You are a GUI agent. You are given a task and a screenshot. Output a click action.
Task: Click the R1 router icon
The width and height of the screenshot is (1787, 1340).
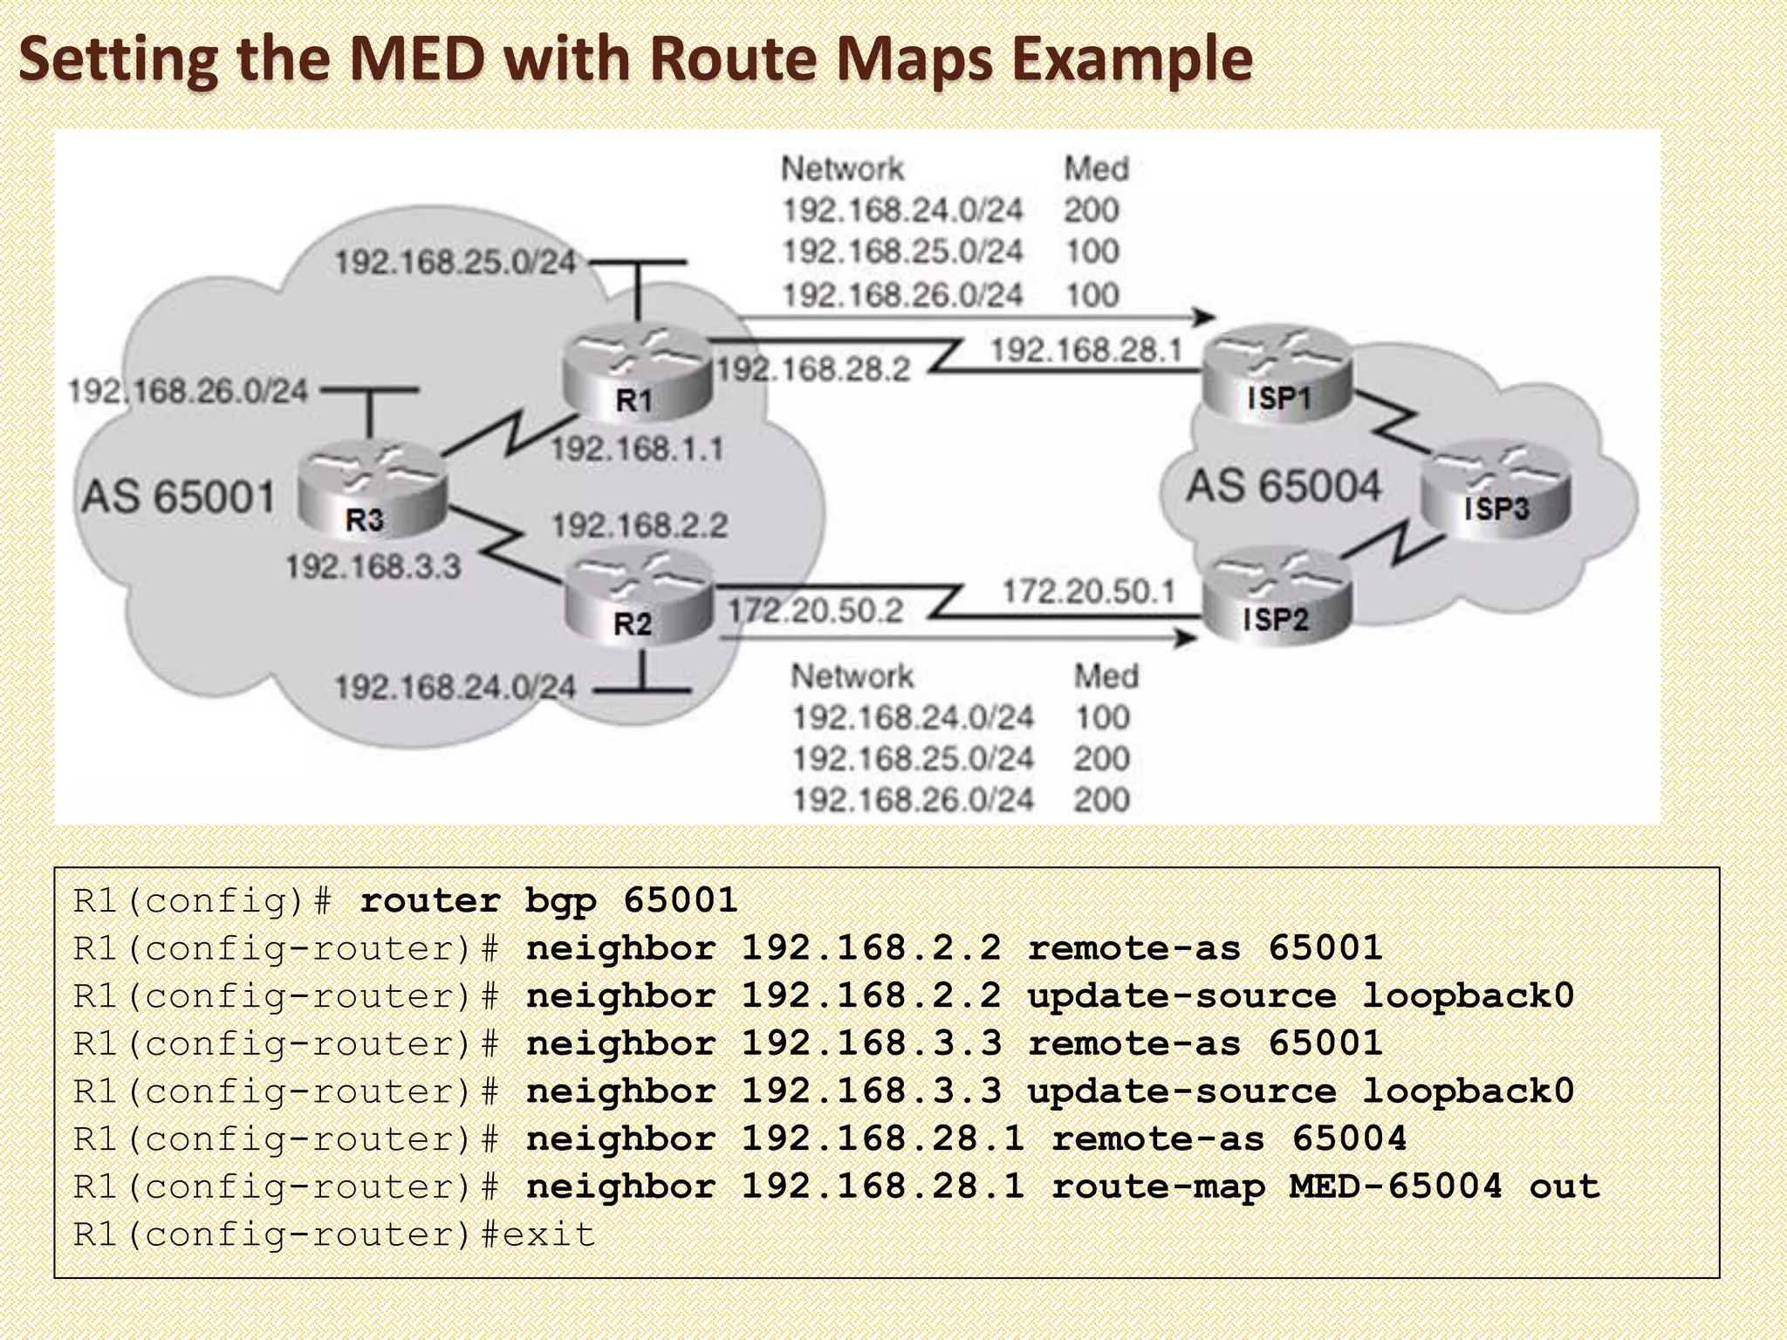pyautogui.click(x=637, y=373)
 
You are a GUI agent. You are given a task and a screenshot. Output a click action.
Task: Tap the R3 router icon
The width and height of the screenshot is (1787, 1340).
pyautogui.click(x=371, y=489)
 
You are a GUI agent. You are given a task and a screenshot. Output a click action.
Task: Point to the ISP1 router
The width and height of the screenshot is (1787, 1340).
pyautogui.click(x=1277, y=373)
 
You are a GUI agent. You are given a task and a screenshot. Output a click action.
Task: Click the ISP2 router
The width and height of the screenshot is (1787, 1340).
pyautogui.click(x=1277, y=595)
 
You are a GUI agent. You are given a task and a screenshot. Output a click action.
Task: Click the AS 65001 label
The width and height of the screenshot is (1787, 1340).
pyautogui.click(x=179, y=497)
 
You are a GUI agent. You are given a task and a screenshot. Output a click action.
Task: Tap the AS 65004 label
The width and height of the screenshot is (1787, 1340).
pyautogui.click(x=1283, y=486)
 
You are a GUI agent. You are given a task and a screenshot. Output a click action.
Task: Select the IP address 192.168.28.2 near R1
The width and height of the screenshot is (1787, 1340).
pyautogui.click(x=813, y=369)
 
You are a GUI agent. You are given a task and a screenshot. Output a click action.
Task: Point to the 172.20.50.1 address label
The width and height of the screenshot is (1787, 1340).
pyautogui.click(x=1088, y=591)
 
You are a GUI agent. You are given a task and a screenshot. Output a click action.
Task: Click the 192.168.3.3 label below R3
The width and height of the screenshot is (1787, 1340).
pyautogui.click(x=373, y=567)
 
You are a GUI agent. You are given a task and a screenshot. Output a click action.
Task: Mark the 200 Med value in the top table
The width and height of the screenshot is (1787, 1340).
pyautogui.click(x=1091, y=210)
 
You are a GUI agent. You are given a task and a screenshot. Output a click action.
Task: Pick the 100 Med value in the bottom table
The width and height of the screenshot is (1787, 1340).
pyautogui.click(x=1102, y=717)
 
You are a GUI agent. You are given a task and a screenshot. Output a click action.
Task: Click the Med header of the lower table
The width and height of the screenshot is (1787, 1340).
pyautogui.click(x=1106, y=676)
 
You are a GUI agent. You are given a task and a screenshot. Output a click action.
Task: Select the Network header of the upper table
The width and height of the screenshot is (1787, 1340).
pyautogui.click(x=842, y=168)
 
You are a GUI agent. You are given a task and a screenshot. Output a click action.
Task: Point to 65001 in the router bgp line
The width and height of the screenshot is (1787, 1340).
pyautogui.click(x=681, y=900)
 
